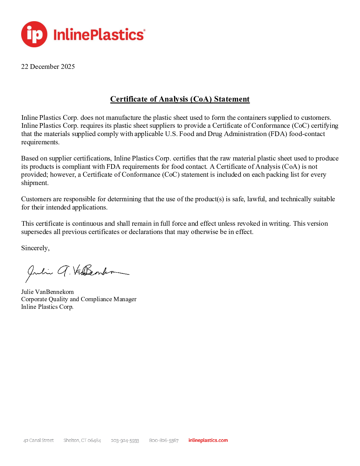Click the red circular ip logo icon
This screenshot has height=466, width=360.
click(34, 34)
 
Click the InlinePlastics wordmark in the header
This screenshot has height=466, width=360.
click(99, 35)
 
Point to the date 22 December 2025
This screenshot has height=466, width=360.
click(48, 67)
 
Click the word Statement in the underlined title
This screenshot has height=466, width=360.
click(232, 99)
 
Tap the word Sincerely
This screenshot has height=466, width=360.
click(35, 248)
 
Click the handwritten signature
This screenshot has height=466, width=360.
click(77, 272)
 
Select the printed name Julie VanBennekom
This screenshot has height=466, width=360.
click(47, 292)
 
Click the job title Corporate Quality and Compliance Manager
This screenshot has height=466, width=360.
click(79, 299)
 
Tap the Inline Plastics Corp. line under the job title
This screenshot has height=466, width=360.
click(47, 307)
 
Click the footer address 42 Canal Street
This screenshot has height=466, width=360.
click(38, 441)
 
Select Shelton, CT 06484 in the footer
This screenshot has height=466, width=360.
click(82, 441)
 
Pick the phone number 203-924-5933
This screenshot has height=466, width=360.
click(125, 441)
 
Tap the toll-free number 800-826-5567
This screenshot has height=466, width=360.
click(164, 441)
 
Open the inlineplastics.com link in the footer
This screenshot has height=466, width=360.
click(208, 441)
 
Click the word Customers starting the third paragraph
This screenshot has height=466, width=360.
click(36, 199)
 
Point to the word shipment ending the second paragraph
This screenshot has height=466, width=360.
click(34, 183)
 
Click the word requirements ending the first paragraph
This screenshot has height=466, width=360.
click(40, 142)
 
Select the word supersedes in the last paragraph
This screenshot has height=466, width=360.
click(36, 232)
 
